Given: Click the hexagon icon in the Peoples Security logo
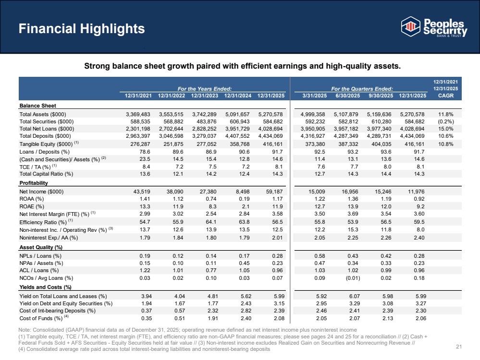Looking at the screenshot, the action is (410, 26).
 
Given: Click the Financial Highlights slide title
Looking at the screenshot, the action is (82, 28).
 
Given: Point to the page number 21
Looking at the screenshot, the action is (458, 347).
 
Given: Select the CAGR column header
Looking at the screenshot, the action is (446, 96).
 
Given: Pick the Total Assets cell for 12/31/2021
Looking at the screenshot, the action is (138, 114).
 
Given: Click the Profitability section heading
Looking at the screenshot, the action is (34, 183).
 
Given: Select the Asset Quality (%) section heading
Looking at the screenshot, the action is (41, 247).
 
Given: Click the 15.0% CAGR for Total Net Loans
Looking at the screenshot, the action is (446, 129).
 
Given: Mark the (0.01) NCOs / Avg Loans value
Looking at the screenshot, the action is (353, 278).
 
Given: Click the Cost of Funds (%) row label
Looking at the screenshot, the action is (41, 318).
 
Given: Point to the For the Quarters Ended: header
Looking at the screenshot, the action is (362, 89).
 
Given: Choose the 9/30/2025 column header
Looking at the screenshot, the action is (381, 96).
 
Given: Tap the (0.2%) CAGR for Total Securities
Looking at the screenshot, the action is (446, 121).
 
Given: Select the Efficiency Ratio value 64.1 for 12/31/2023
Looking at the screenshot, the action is (211, 222).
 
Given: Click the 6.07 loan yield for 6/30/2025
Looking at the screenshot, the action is (354, 296).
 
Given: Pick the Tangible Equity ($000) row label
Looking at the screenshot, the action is (46, 144).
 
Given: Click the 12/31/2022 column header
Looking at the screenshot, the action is (172, 96).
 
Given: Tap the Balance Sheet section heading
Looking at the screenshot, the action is (37, 106).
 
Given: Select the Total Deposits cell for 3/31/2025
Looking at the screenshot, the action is (312, 136).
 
